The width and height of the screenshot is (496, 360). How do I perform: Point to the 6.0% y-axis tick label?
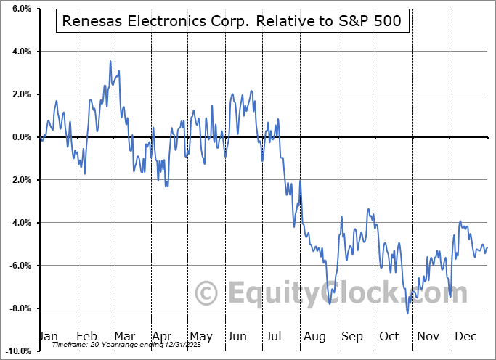coord(20,9)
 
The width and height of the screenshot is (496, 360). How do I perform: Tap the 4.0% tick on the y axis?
coord(20,52)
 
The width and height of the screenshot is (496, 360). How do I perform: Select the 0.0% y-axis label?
coord(20,137)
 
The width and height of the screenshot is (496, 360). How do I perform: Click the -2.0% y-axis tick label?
coord(19,180)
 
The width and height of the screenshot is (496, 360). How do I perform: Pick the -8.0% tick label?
coord(19,308)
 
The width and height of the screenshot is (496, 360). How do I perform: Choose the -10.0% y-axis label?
coord(17,351)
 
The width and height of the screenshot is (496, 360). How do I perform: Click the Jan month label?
coord(48,337)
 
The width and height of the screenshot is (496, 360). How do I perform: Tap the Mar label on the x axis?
coord(125,337)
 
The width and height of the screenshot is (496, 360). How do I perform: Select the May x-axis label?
coord(200,337)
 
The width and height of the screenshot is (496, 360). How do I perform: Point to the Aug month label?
coord(315,337)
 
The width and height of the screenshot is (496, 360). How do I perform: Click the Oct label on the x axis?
coord(391,337)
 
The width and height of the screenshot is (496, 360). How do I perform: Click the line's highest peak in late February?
coord(110,61)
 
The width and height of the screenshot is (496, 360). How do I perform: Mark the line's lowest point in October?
coord(407,313)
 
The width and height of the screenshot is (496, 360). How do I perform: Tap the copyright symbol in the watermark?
coord(207,294)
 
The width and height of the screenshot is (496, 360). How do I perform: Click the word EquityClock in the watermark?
coord(312,294)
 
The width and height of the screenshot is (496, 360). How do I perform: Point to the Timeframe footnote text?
coord(109,345)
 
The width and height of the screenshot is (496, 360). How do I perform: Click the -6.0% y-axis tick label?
coord(19,266)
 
